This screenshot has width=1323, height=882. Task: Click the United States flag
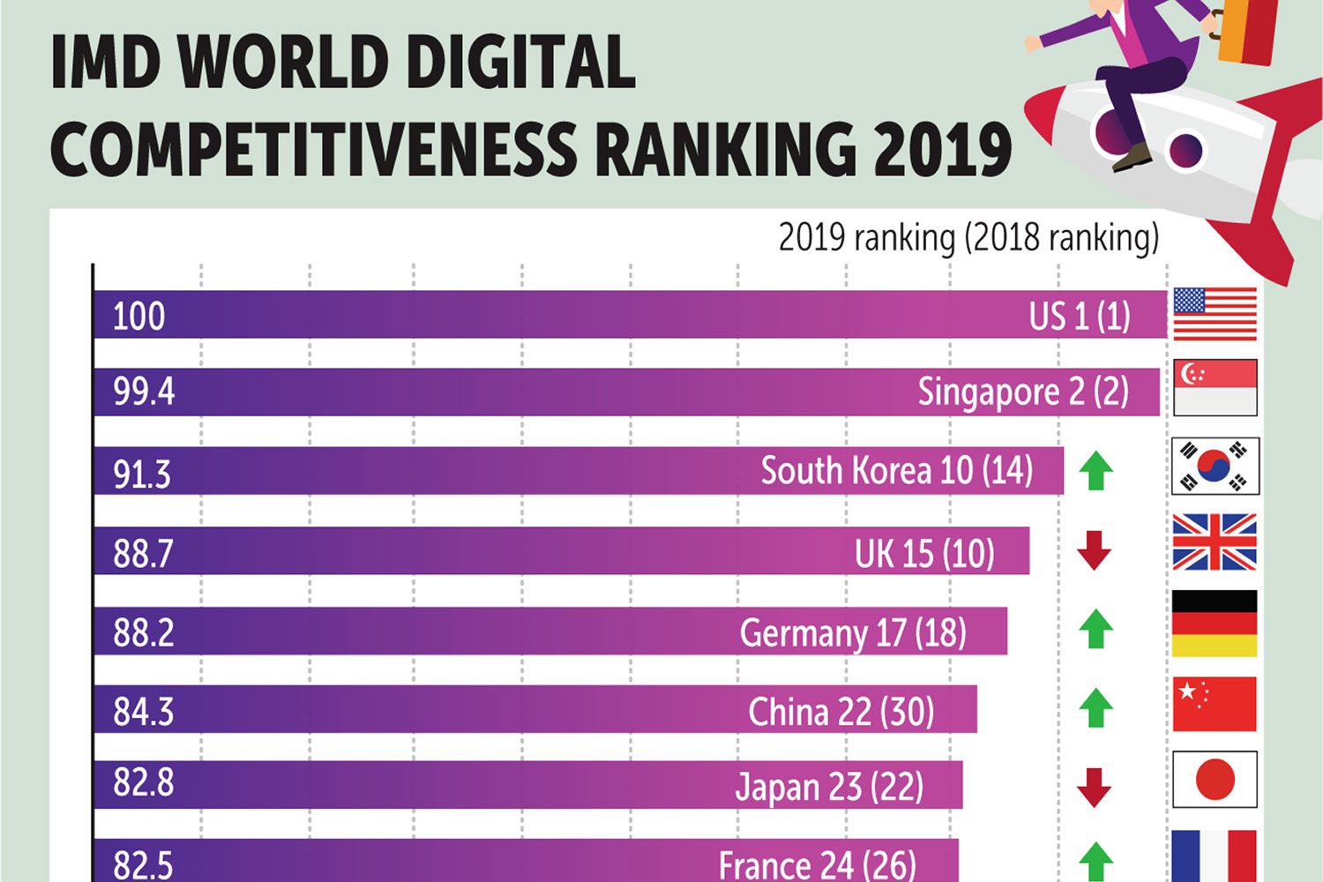[x=1215, y=314]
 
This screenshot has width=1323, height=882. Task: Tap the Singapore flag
[x=1215, y=388]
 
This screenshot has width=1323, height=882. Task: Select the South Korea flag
[x=1215, y=466]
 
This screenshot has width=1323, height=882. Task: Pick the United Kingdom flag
[x=1215, y=542]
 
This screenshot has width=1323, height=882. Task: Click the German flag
[x=1215, y=624]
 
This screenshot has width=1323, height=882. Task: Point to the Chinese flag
[x=1215, y=704]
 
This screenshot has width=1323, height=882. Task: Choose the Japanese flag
[x=1215, y=780]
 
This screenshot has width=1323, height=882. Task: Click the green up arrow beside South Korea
[x=1096, y=471]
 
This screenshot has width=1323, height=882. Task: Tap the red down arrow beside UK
[x=1094, y=550]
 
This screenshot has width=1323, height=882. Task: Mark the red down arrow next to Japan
[x=1094, y=788]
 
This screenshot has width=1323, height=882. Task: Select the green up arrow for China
[x=1096, y=707]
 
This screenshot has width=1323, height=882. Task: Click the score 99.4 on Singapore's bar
[x=144, y=391]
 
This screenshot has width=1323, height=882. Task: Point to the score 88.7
[x=143, y=554]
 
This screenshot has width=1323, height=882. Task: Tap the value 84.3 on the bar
[x=143, y=712]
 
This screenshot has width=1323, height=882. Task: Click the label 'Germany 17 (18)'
[x=853, y=633]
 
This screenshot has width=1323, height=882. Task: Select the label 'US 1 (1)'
[x=1080, y=316]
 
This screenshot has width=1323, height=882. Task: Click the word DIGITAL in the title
[x=520, y=64]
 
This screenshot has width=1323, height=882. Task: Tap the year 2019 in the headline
[x=942, y=148]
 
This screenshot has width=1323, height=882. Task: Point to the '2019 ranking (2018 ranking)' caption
[x=968, y=238]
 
